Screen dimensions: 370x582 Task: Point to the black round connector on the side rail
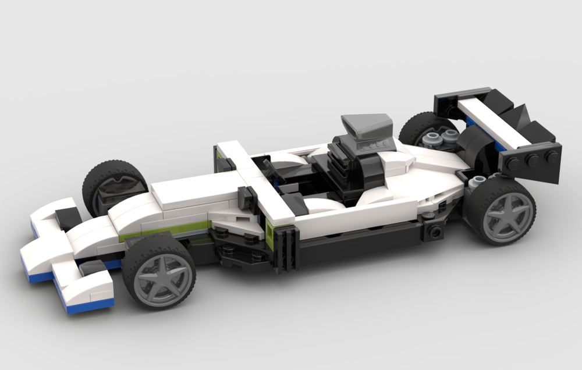pos(434,232)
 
